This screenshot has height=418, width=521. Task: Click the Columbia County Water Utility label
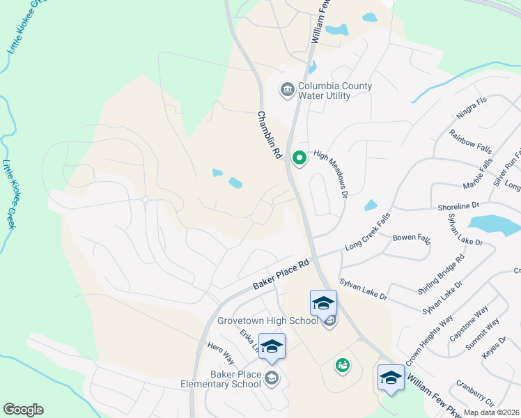pos(335,91)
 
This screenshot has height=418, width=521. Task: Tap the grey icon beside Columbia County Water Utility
pos(286,90)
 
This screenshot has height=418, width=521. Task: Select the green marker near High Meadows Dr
pos(300,160)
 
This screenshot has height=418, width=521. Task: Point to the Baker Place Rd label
pos(281,276)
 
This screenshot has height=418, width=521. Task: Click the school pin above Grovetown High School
pos(323,303)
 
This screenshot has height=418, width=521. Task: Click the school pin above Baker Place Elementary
pos(272,347)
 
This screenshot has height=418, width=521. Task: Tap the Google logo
pos(23,410)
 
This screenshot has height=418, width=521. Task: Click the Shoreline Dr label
pos(459,206)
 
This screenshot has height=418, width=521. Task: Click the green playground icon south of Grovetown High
pos(342,364)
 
